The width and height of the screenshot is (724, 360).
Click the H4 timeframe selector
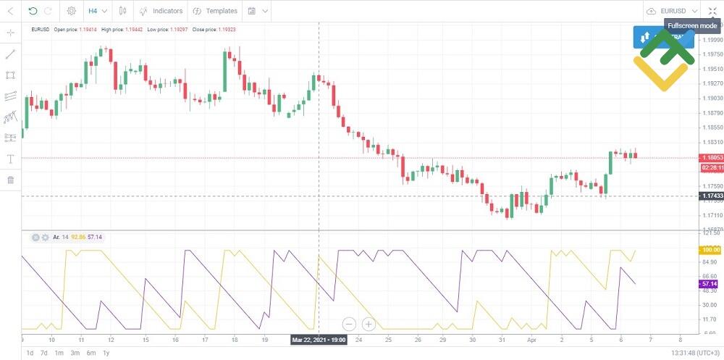[97, 11]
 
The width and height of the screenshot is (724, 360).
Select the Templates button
[215, 11]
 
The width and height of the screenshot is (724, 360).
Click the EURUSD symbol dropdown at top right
[673, 11]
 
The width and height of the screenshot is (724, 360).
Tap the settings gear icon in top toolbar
[71, 11]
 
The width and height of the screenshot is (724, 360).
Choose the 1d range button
[30, 353]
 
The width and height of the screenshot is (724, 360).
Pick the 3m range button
[75, 353]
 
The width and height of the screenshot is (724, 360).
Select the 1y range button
[106, 353]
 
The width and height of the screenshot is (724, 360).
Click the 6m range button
[90, 353]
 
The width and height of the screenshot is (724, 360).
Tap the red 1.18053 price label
[710, 157]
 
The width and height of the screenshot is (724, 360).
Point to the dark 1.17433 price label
[710, 196]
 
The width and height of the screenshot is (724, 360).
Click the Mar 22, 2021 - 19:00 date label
[319, 339]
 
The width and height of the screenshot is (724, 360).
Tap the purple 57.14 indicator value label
[710, 284]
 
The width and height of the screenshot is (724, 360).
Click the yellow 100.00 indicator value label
[710, 250]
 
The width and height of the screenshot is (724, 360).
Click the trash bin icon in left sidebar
[10, 180]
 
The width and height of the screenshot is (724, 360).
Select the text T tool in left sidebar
[10, 159]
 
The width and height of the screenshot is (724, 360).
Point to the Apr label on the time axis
[532, 339]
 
